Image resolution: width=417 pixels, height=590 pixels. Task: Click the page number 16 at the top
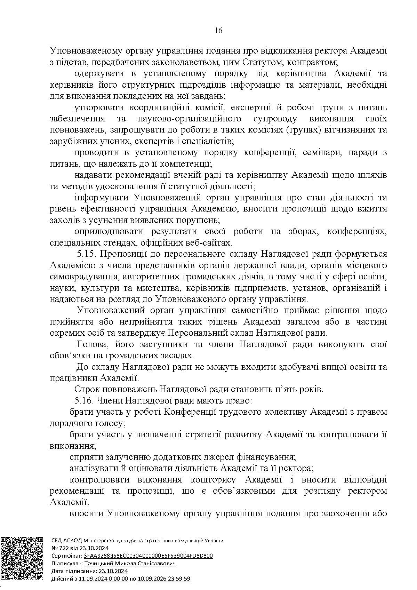pyautogui.click(x=218, y=30)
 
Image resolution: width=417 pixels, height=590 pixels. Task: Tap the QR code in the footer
pyautogui.click(x=22, y=560)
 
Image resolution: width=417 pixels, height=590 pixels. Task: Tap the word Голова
pyautogui.click(x=91, y=344)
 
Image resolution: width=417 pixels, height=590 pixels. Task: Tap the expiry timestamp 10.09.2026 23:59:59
pyautogui.click(x=164, y=579)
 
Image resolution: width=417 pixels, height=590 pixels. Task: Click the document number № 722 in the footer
pyautogui.click(x=60, y=548)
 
